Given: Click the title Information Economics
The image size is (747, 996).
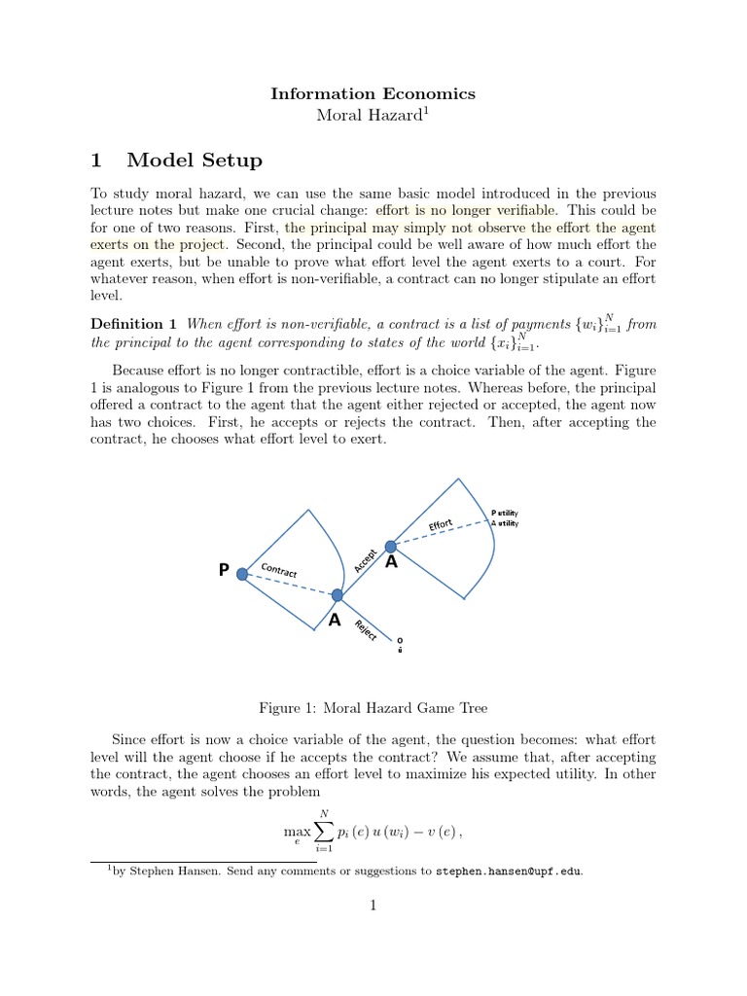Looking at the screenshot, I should [x=373, y=94].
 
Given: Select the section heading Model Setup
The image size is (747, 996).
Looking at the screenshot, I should [x=194, y=160].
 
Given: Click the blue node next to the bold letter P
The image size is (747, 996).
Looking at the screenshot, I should [x=242, y=574].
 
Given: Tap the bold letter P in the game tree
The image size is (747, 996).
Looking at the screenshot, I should [x=224, y=572].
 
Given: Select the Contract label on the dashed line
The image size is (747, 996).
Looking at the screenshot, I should [x=279, y=572].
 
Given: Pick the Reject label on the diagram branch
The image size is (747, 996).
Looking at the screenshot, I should [x=366, y=629].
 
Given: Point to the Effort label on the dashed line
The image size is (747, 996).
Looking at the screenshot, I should [x=441, y=525].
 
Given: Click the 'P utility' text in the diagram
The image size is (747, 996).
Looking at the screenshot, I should [x=505, y=513].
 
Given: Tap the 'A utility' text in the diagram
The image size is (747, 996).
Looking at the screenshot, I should [x=505, y=523].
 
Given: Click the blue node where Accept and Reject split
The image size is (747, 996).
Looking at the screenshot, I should [x=338, y=595].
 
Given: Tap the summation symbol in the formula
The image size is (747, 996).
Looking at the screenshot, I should [x=325, y=832].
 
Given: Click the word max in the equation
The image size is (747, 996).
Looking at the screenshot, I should [x=297, y=833].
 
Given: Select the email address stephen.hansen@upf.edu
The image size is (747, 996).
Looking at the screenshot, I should [x=509, y=871].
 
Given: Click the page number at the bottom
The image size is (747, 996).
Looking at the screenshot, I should [x=373, y=906].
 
